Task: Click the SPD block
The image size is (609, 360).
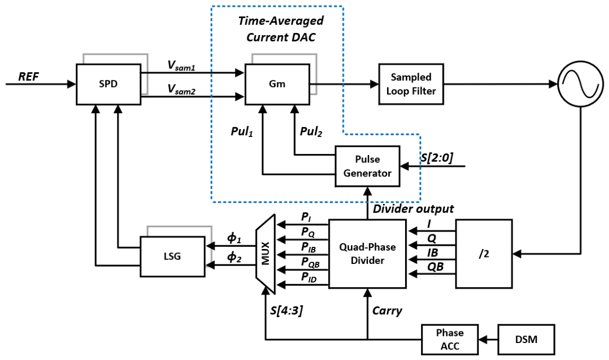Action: coord(108,84)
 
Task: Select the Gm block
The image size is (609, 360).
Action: coord(277,84)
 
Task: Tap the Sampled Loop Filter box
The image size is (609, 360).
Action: coord(411,84)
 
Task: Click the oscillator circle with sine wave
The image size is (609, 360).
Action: coord(581,84)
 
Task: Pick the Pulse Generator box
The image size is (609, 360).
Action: coord(367,166)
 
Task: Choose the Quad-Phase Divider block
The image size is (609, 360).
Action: coord(367,254)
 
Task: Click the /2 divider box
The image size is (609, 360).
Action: coord(484,254)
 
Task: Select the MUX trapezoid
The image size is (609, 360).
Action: coord(265,254)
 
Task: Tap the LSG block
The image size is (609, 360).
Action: coord(173,256)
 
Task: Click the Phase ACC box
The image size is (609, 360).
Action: coord(450,339)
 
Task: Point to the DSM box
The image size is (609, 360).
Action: coord(526,339)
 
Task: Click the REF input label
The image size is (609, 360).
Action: coord(29,76)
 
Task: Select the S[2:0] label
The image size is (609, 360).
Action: coord(438,157)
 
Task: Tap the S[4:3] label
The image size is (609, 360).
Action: coord(287,310)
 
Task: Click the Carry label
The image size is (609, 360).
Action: coord(387,311)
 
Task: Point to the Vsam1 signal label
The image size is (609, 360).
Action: coord(182,66)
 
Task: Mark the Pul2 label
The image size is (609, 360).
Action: coord(311,132)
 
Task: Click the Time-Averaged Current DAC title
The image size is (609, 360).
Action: coord(281,29)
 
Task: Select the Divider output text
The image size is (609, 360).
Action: coord(413,209)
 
